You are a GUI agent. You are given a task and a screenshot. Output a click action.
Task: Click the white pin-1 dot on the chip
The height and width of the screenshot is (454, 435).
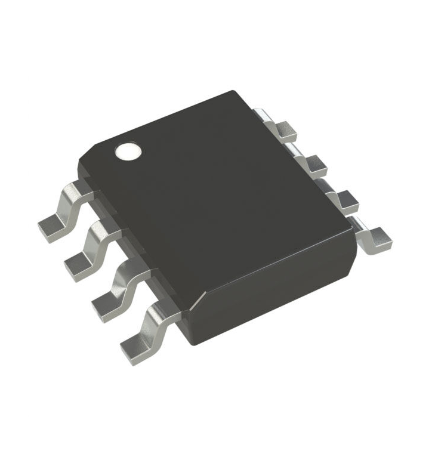pyautogui.click(x=128, y=152)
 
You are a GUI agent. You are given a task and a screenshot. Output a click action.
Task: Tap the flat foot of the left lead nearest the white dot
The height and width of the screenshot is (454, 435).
pyautogui.click(x=50, y=226)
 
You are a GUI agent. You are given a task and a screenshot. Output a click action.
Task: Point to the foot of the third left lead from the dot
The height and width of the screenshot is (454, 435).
pyautogui.click(x=106, y=301)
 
